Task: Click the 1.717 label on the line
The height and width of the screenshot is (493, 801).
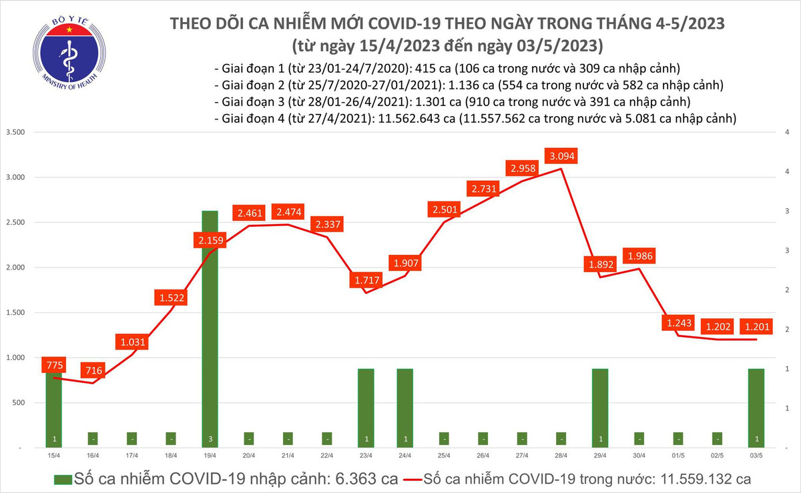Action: tap(365, 280)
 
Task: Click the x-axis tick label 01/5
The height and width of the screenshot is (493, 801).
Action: tap(678, 456)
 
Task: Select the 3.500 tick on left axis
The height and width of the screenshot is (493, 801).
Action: tap(14, 132)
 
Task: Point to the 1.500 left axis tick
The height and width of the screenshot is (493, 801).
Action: tap(14, 313)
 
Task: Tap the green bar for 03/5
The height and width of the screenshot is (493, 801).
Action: tap(756, 407)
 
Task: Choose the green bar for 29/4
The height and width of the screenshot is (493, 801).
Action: tap(599, 407)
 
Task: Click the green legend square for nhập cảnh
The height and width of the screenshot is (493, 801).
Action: tap(62, 480)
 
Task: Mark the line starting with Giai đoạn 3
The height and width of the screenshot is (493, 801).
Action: tap(452, 102)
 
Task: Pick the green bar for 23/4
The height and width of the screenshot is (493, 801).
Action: tap(365, 407)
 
